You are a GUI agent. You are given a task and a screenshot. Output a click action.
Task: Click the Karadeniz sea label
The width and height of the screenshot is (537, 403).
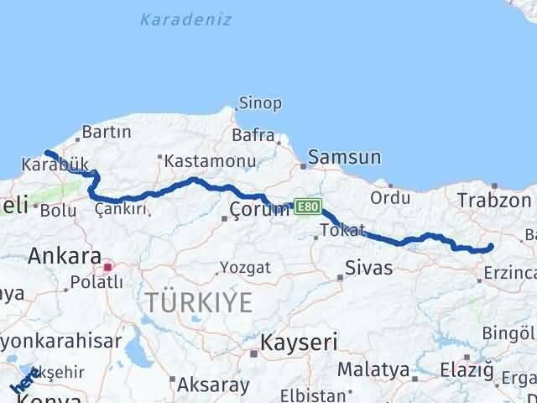(185, 18)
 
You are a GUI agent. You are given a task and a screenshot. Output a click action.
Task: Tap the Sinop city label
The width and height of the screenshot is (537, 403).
(260, 103)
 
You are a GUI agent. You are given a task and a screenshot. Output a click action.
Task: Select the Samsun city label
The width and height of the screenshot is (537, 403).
(344, 157)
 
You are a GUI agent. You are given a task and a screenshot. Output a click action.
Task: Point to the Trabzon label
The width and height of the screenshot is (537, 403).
(495, 200)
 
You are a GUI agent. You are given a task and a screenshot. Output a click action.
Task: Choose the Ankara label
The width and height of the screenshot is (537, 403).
(65, 256)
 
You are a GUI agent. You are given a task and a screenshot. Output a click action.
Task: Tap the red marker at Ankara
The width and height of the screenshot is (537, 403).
(107, 268)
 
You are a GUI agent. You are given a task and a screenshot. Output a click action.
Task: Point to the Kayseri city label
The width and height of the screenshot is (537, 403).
(299, 342)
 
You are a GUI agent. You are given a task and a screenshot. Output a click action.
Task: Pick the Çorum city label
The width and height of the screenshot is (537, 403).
(261, 209)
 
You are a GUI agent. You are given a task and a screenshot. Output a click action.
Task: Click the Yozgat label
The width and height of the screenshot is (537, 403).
(245, 268)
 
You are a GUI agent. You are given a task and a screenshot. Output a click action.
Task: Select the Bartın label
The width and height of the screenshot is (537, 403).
(107, 132)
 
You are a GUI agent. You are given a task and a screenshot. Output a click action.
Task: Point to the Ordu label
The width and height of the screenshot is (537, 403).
(390, 198)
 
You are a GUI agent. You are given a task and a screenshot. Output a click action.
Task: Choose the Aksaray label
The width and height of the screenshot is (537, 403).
(213, 385)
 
